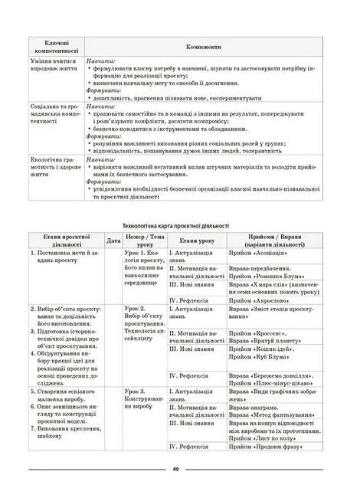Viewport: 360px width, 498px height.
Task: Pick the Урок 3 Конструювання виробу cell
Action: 143,400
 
